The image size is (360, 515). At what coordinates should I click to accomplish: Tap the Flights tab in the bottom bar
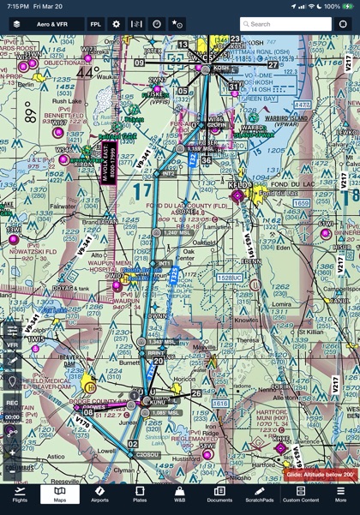(x=20, y=494)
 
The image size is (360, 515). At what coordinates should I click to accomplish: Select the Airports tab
(x=99, y=494)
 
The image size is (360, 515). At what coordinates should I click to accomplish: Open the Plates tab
(x=140, y=494)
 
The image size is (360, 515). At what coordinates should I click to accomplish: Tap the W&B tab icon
(x=179, y=494)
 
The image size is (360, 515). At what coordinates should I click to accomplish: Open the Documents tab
(x=219, y=494)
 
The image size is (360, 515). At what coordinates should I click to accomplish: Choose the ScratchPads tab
(x=260, y=494)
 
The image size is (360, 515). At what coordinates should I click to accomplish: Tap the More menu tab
(x=340, y=494)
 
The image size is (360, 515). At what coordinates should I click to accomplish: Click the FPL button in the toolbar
(x=95, y=24)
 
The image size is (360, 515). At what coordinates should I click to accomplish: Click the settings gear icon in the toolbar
(x=117, y=24)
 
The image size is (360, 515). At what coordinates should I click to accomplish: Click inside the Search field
(x=285, y=24)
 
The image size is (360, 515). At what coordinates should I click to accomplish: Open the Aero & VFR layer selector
(x=46, y=24)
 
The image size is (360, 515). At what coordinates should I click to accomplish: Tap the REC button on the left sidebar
(x=12, y=402)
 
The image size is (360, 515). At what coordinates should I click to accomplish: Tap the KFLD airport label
(x=238, y=184)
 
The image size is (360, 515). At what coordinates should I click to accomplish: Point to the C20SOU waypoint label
(x=147, y=455)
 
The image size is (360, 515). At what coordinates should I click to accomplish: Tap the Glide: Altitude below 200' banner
(x=321, y=474)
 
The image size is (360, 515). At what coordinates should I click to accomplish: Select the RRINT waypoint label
(x=155, y=352)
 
